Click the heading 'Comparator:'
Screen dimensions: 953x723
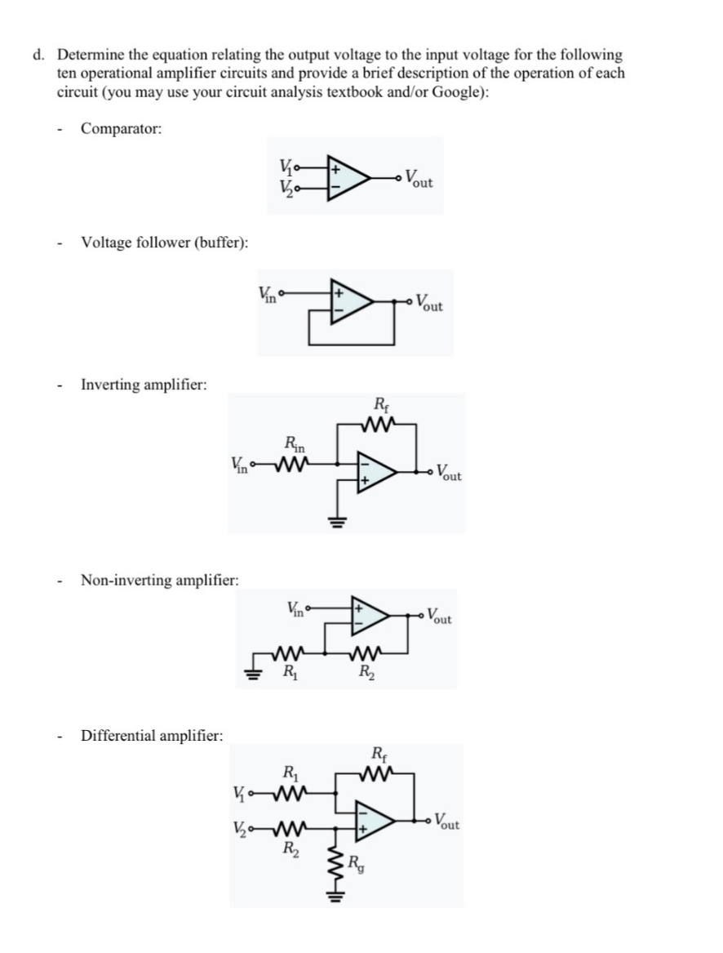121,129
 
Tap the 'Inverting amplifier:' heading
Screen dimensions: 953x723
144,384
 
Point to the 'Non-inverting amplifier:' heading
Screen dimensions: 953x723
159,581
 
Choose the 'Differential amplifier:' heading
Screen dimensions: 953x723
152,736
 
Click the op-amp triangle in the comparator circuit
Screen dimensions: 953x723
348,177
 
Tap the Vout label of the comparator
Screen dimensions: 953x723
419,177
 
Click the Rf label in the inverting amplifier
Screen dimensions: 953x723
380,403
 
